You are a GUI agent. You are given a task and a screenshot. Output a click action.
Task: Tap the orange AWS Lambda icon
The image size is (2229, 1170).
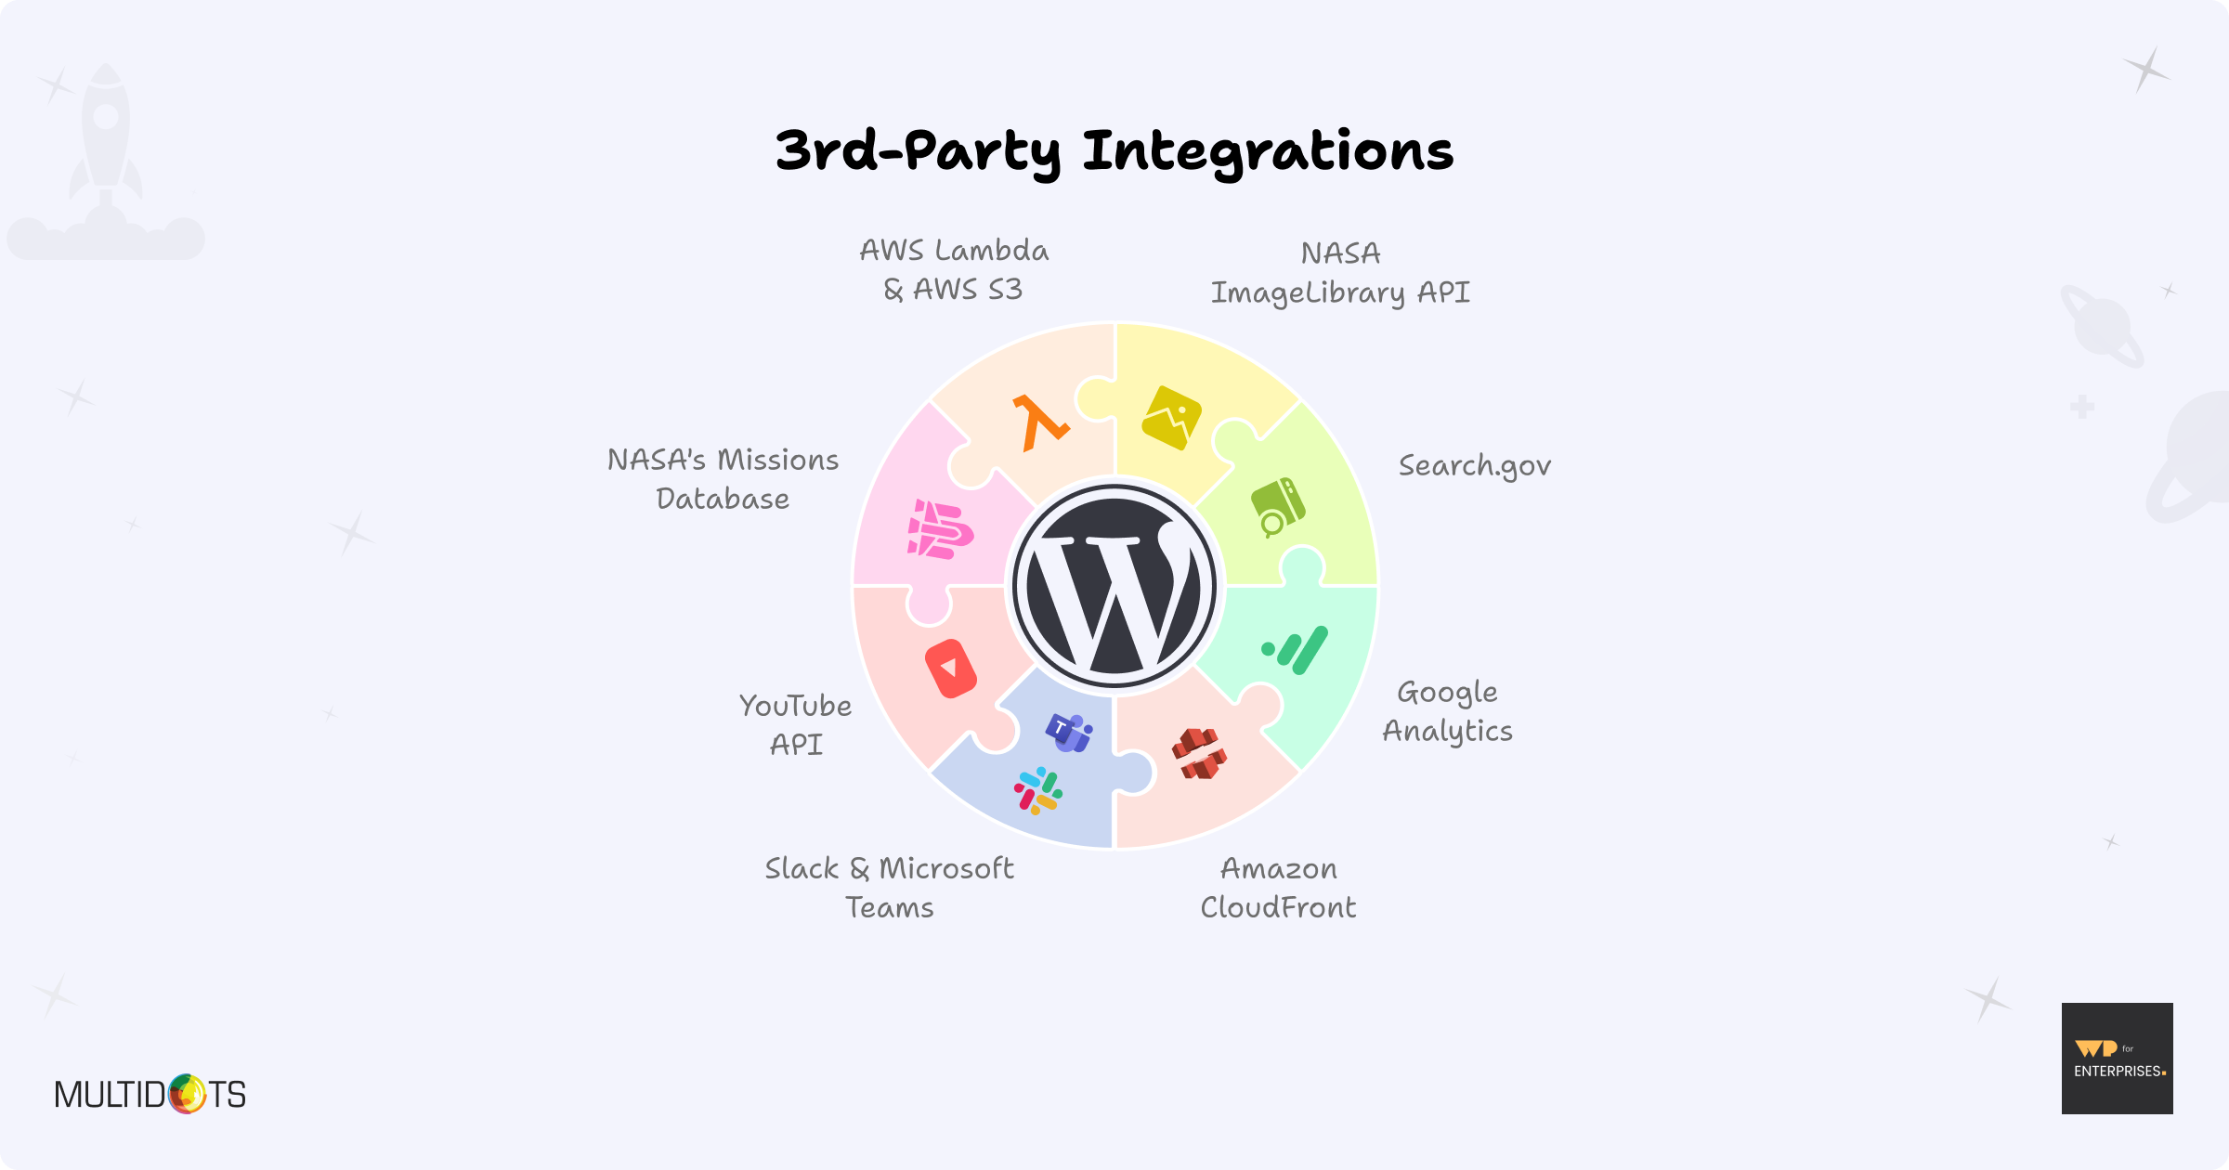click(x=1040, y=423)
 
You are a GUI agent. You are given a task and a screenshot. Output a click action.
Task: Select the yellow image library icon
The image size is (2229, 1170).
click(x=1171, y=417)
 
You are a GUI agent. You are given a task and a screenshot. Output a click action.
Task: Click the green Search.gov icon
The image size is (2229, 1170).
click(x=1277, y=507)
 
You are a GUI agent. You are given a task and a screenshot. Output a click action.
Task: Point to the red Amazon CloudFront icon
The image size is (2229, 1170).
click(x=1199, y=753)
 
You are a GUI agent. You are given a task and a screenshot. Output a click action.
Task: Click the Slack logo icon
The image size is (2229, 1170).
click(x=1038, y=791)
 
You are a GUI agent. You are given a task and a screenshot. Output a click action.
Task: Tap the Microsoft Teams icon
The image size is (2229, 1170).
click(x=1070, y=732)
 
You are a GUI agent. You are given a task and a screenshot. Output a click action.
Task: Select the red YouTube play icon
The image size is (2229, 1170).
click(x=950, y=669)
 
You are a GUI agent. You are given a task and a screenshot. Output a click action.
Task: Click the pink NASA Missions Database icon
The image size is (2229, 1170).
click(x=940, y=530)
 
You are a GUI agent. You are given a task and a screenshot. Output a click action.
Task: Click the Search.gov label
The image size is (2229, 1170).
click(x=1474, y=466)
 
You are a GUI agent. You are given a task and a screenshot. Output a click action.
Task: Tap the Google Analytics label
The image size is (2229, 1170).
click(x=1447, y=711)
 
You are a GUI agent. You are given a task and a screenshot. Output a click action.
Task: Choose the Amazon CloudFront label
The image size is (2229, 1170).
click(x=1278, y=888)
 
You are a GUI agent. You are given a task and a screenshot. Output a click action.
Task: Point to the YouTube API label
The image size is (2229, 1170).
click(x=796, y=724)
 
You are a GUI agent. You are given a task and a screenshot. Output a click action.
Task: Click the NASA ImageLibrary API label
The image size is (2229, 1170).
click(x=1340, y=273)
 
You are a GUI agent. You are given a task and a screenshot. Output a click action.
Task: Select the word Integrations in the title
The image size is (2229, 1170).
click(x=1268, y=151)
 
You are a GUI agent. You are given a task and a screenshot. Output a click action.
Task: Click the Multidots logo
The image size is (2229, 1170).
click(x=150, y=1094)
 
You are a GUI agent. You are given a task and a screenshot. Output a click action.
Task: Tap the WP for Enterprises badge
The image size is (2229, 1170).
click(x=2117, y=1059)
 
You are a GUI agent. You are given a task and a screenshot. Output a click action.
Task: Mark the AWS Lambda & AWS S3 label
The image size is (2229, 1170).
click(x=954, y=270)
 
